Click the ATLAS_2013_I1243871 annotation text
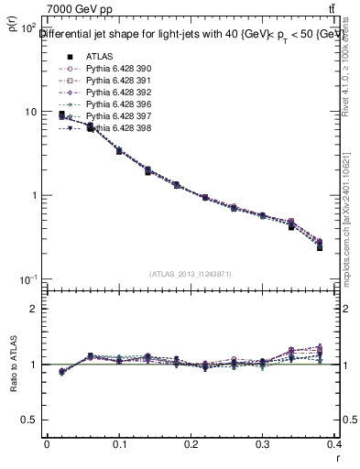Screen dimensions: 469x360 coord(191,274)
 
